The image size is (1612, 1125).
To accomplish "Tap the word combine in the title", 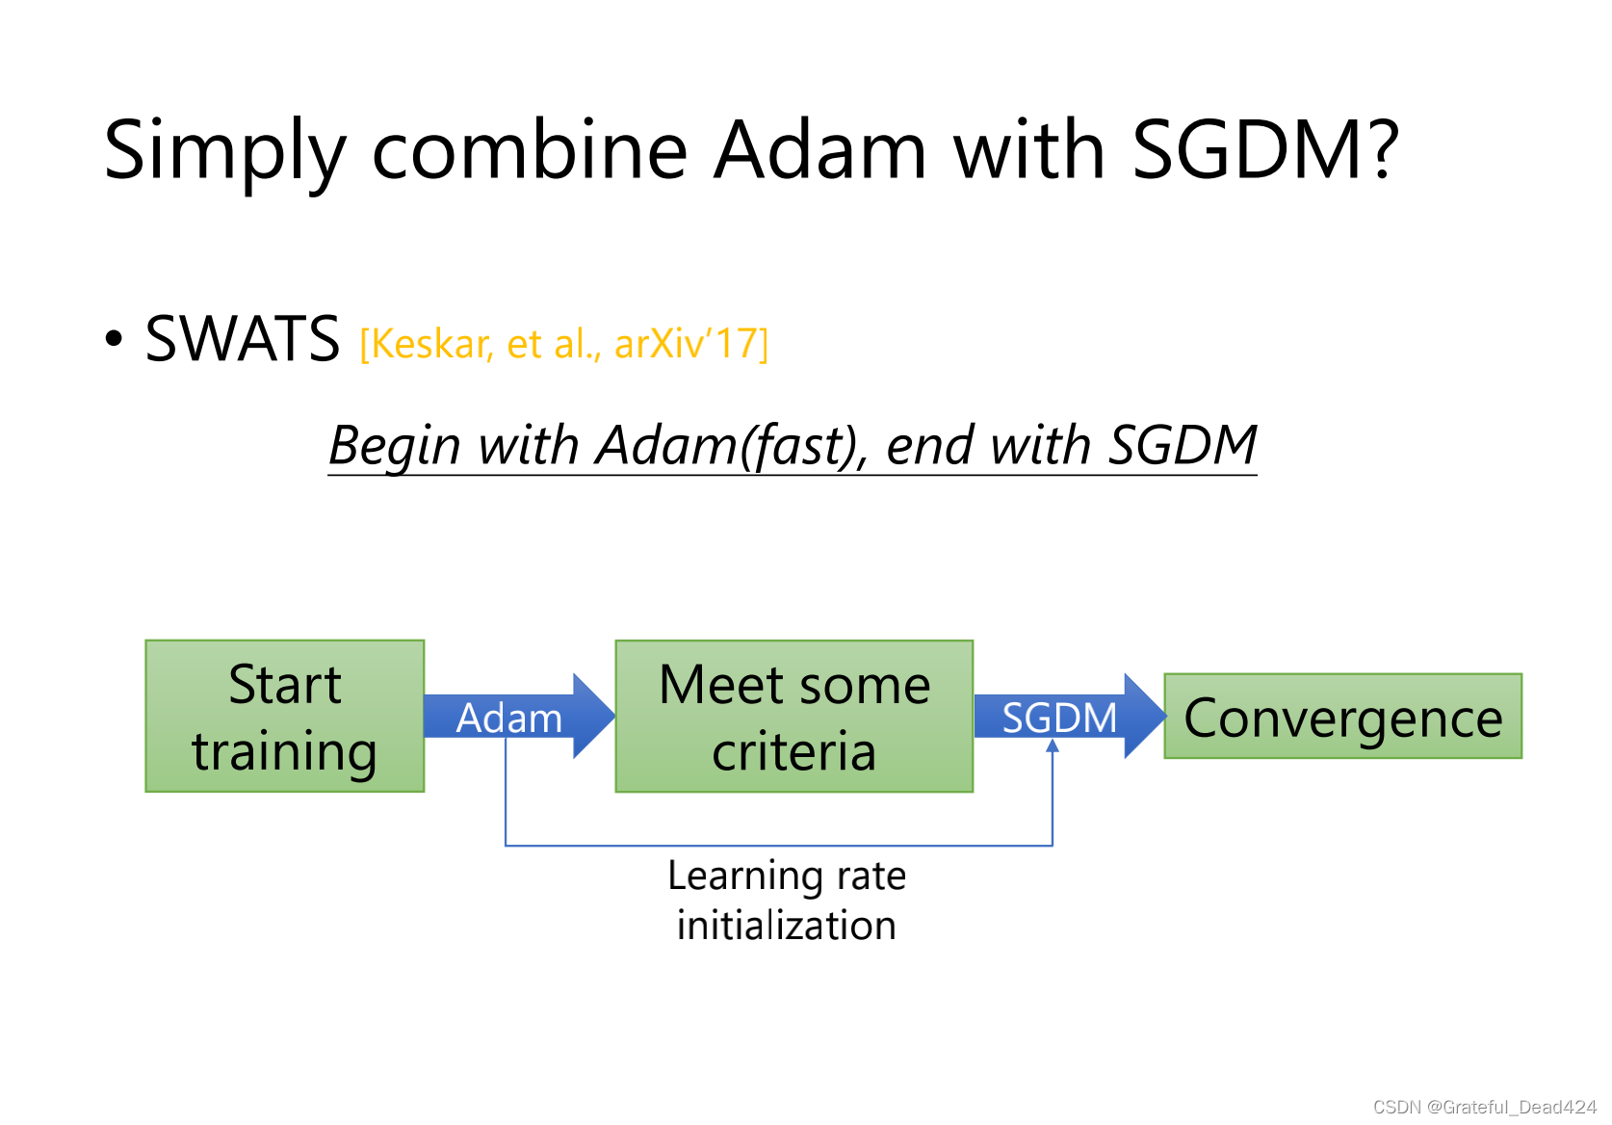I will point(530,150).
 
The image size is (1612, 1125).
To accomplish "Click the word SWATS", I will point(242,340).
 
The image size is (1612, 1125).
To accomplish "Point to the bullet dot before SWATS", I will point(115,339).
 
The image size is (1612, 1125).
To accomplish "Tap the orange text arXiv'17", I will point(689,344).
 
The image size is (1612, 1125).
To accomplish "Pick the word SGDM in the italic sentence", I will point(1183,445).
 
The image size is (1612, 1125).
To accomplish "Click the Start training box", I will point(285,716).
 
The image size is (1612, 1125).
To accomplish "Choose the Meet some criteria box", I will point(794,716).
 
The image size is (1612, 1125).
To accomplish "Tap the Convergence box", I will point(1343,717).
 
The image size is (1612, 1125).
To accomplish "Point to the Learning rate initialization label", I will point(787,901).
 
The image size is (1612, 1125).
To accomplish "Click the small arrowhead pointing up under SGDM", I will point(1053,746).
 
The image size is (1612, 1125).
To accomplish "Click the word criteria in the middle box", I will point(794,751).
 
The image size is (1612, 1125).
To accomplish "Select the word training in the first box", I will point(285,752).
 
